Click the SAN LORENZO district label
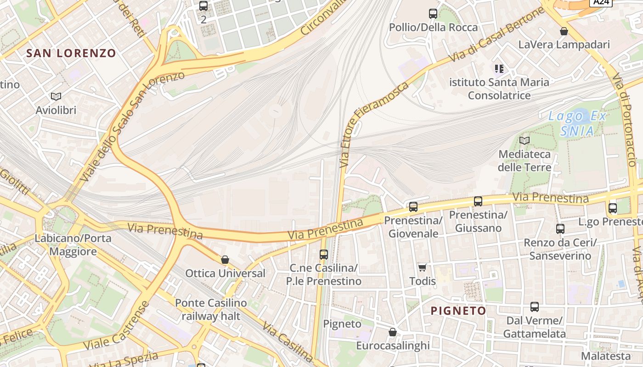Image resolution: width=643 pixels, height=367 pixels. click(x=71, y=53)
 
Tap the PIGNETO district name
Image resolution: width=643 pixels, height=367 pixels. click(x=458, y=311)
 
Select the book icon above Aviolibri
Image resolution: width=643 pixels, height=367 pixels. click(x=56, y=96)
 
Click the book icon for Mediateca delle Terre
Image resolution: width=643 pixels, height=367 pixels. click(x=524, y=140)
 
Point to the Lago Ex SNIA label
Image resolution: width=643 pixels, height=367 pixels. click(x=577, y=123)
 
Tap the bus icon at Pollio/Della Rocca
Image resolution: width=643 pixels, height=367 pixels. click(x=433, y=14)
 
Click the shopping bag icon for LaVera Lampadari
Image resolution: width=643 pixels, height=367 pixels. click(x=564, y=31)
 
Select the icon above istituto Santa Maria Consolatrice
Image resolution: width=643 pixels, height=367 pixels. click(x=499, y=69)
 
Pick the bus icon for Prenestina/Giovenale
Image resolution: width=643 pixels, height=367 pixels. click(x=413, y=207)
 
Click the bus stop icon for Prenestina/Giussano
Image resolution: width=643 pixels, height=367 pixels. click(x=478, y=201)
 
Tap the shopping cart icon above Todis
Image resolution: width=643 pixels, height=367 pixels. click(x=422, y=267)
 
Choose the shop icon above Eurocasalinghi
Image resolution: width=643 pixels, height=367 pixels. click(x=393, y=332)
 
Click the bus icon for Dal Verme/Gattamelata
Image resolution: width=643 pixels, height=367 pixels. click(x=535, y=307)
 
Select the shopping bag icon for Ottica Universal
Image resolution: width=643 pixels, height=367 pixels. click(x=225, y=260)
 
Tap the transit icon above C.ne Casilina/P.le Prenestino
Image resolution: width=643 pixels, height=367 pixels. click(x=324, y=254)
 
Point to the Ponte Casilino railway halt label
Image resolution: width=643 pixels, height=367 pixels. click(x=211, y=309)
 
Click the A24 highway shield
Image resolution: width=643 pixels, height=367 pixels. click(x=601, y=2)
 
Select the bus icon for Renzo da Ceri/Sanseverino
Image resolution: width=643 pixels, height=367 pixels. click(x=560, y=228)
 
